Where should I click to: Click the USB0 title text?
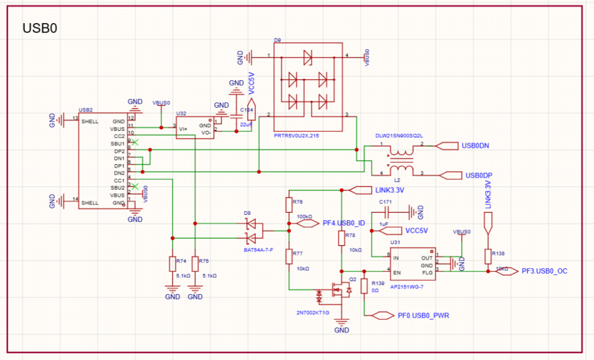click(40, 28)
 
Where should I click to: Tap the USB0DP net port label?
click(477, 175)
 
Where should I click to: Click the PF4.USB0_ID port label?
click(343, 224)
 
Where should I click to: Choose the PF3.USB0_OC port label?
click(543, 271)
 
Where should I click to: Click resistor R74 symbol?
click(173, 264)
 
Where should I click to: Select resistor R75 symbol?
click(195, 264)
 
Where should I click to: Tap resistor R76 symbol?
click(288, 205)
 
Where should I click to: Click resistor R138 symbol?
click(487, 256)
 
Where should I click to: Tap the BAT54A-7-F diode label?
click(258, 250)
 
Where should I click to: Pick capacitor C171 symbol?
click(387, 212)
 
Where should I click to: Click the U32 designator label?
click(180, 113)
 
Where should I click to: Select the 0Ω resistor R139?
click(364, 286)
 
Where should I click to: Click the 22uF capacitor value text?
click(246, 125)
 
